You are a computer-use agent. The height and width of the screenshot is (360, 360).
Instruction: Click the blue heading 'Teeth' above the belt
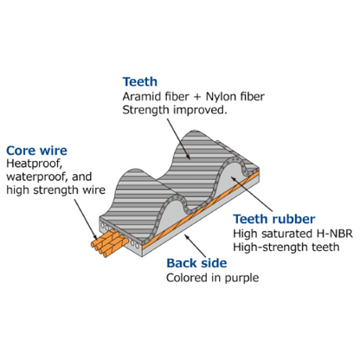click(x=140, y=82)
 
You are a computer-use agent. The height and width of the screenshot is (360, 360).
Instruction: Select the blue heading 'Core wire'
click(x=36, y=151)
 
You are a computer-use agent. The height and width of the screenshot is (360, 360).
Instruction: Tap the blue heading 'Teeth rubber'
click(x=274, y=219)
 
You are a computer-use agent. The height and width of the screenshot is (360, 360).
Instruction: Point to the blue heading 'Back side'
click(x=196, y=263)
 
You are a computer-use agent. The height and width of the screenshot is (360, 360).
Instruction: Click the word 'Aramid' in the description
click(x=142, y=97)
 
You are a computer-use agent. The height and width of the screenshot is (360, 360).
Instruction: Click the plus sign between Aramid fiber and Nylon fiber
click(x=197, y=97)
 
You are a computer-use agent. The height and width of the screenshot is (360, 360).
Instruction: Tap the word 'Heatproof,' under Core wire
click(x=35, y=164)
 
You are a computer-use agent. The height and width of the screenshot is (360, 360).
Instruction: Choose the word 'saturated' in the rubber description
click(x=288, y=234)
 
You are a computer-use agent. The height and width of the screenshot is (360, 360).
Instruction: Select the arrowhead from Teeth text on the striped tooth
click(x=188, y=156)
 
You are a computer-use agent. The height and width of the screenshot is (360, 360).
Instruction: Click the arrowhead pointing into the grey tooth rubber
click(x=234, y=179)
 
